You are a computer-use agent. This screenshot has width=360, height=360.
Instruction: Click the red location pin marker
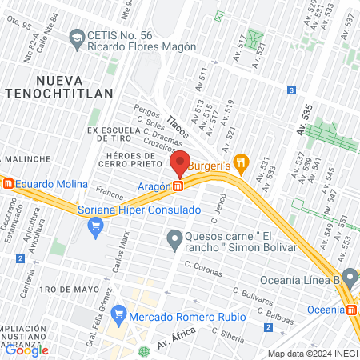tap(181, 163)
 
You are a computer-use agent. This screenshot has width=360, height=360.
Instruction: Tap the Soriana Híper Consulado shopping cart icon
tap(95, 226)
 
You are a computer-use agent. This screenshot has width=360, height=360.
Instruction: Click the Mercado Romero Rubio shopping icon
tap(120, 311)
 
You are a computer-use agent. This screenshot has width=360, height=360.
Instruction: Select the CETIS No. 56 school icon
tap(77, 37)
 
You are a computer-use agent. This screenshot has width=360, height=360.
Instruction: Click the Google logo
tap(26, 350)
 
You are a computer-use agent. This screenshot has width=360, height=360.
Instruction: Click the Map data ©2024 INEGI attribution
tap(312, 354)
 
